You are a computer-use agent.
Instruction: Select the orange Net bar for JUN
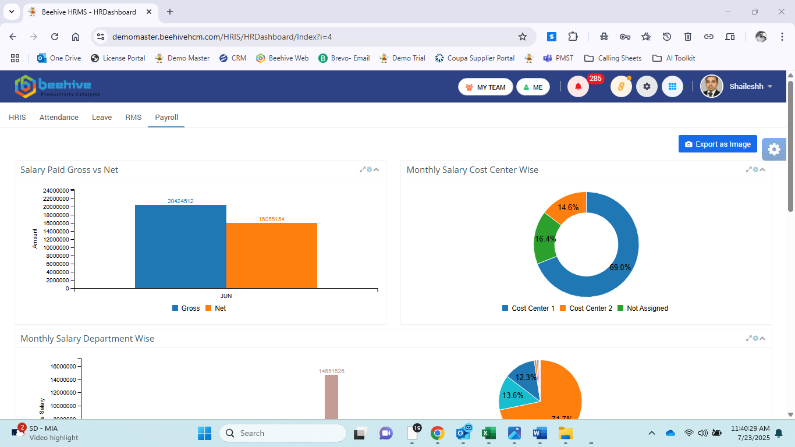coord(272,256)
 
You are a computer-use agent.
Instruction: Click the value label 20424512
coord(180,201)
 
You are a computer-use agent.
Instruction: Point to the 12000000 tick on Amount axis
coord(56,240)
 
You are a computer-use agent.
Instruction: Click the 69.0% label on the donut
coord(620,267)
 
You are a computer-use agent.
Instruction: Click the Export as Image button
coord(718,144)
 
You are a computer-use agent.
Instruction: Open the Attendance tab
coord(59,118)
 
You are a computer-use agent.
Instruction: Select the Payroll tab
coord(166,118)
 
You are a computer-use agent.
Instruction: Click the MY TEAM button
coord(485,87)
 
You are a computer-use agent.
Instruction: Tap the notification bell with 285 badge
coord(578,87)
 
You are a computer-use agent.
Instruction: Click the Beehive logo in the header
coord(57,87)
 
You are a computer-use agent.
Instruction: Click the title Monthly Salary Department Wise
coord(87,339)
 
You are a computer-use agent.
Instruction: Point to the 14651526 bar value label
coord(331,371)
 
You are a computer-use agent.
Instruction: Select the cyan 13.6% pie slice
coord(512,395)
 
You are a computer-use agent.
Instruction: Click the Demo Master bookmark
coord(182,58)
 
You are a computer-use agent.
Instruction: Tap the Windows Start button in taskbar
coord(205,433)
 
